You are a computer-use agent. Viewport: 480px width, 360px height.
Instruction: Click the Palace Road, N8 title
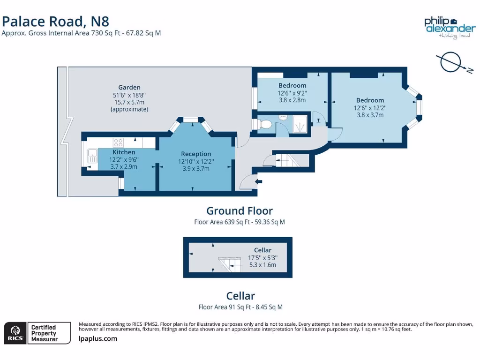(x=56, y=21)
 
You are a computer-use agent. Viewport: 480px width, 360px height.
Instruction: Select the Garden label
(x=129, y=87)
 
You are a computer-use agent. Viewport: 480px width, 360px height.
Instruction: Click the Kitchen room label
(x=124, y=152)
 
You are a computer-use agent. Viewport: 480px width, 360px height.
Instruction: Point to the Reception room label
(x=196, y=154)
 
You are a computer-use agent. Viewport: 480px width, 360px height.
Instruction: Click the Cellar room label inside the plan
(x=262, y=250)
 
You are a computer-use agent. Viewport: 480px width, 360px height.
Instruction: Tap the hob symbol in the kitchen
(x=118, y=142)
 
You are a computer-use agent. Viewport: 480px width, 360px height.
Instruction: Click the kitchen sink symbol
(x=91, y=156)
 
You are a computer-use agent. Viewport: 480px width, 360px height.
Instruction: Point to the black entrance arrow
(x=258, y=181)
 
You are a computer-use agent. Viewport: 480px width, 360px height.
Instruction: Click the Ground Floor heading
(x=239, y=211)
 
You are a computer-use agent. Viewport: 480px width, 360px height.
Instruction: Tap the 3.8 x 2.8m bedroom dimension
(x=292, y=100)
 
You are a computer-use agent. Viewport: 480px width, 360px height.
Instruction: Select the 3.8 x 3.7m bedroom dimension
(x=370, y=115)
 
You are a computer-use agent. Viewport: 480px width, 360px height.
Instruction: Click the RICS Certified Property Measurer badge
(x=37, y=333)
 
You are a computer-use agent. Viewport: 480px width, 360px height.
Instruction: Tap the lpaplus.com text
(x=98, y=338)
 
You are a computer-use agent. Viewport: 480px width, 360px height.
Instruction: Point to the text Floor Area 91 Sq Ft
(x=240, y=307)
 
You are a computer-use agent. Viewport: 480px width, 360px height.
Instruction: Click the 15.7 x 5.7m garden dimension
(x=129, y=102)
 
